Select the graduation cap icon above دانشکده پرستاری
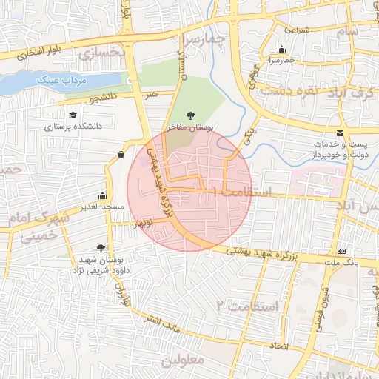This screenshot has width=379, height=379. pyautogui.click(x=73, y=115)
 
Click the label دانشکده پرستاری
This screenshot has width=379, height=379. pyautogui.click(x=73, y=127)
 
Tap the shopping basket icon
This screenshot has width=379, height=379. pyautogui.click(x=121, y=154)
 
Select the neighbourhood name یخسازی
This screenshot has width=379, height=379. pyautogui.click(x=98, y=53)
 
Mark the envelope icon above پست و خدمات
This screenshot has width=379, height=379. pyautogui.click(x=339, y=133)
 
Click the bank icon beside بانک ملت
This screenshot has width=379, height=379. pyautogui.click(x=341, y=251)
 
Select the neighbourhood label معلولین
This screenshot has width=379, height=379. pyautogui.click(x=181, y=361)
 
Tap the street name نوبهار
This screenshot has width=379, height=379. pyautogui.click(x=143, y=221)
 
